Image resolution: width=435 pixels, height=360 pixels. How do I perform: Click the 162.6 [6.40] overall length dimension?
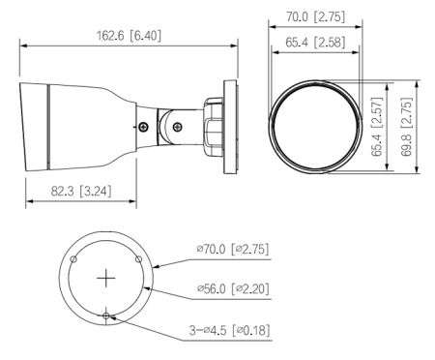pyautogui.click(x=129, y=36)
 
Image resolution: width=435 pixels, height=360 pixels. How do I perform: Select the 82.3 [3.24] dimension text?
pyautogui.click(x=78, y=192)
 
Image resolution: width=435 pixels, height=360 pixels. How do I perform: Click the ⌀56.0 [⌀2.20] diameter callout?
pyautogui.click(x=232, y=287)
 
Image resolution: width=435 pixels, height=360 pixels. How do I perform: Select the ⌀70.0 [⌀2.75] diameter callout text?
pyautogui.click(x=232, y=250)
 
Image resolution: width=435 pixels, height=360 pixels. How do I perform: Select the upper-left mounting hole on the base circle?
pyautogui.click(x=73, y=258)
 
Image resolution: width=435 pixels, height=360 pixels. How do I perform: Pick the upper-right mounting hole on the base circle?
pyautogui.click(x=139, y=259)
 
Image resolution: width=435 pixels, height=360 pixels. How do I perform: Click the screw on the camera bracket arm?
pyautogui.click(x=144, y=126)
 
